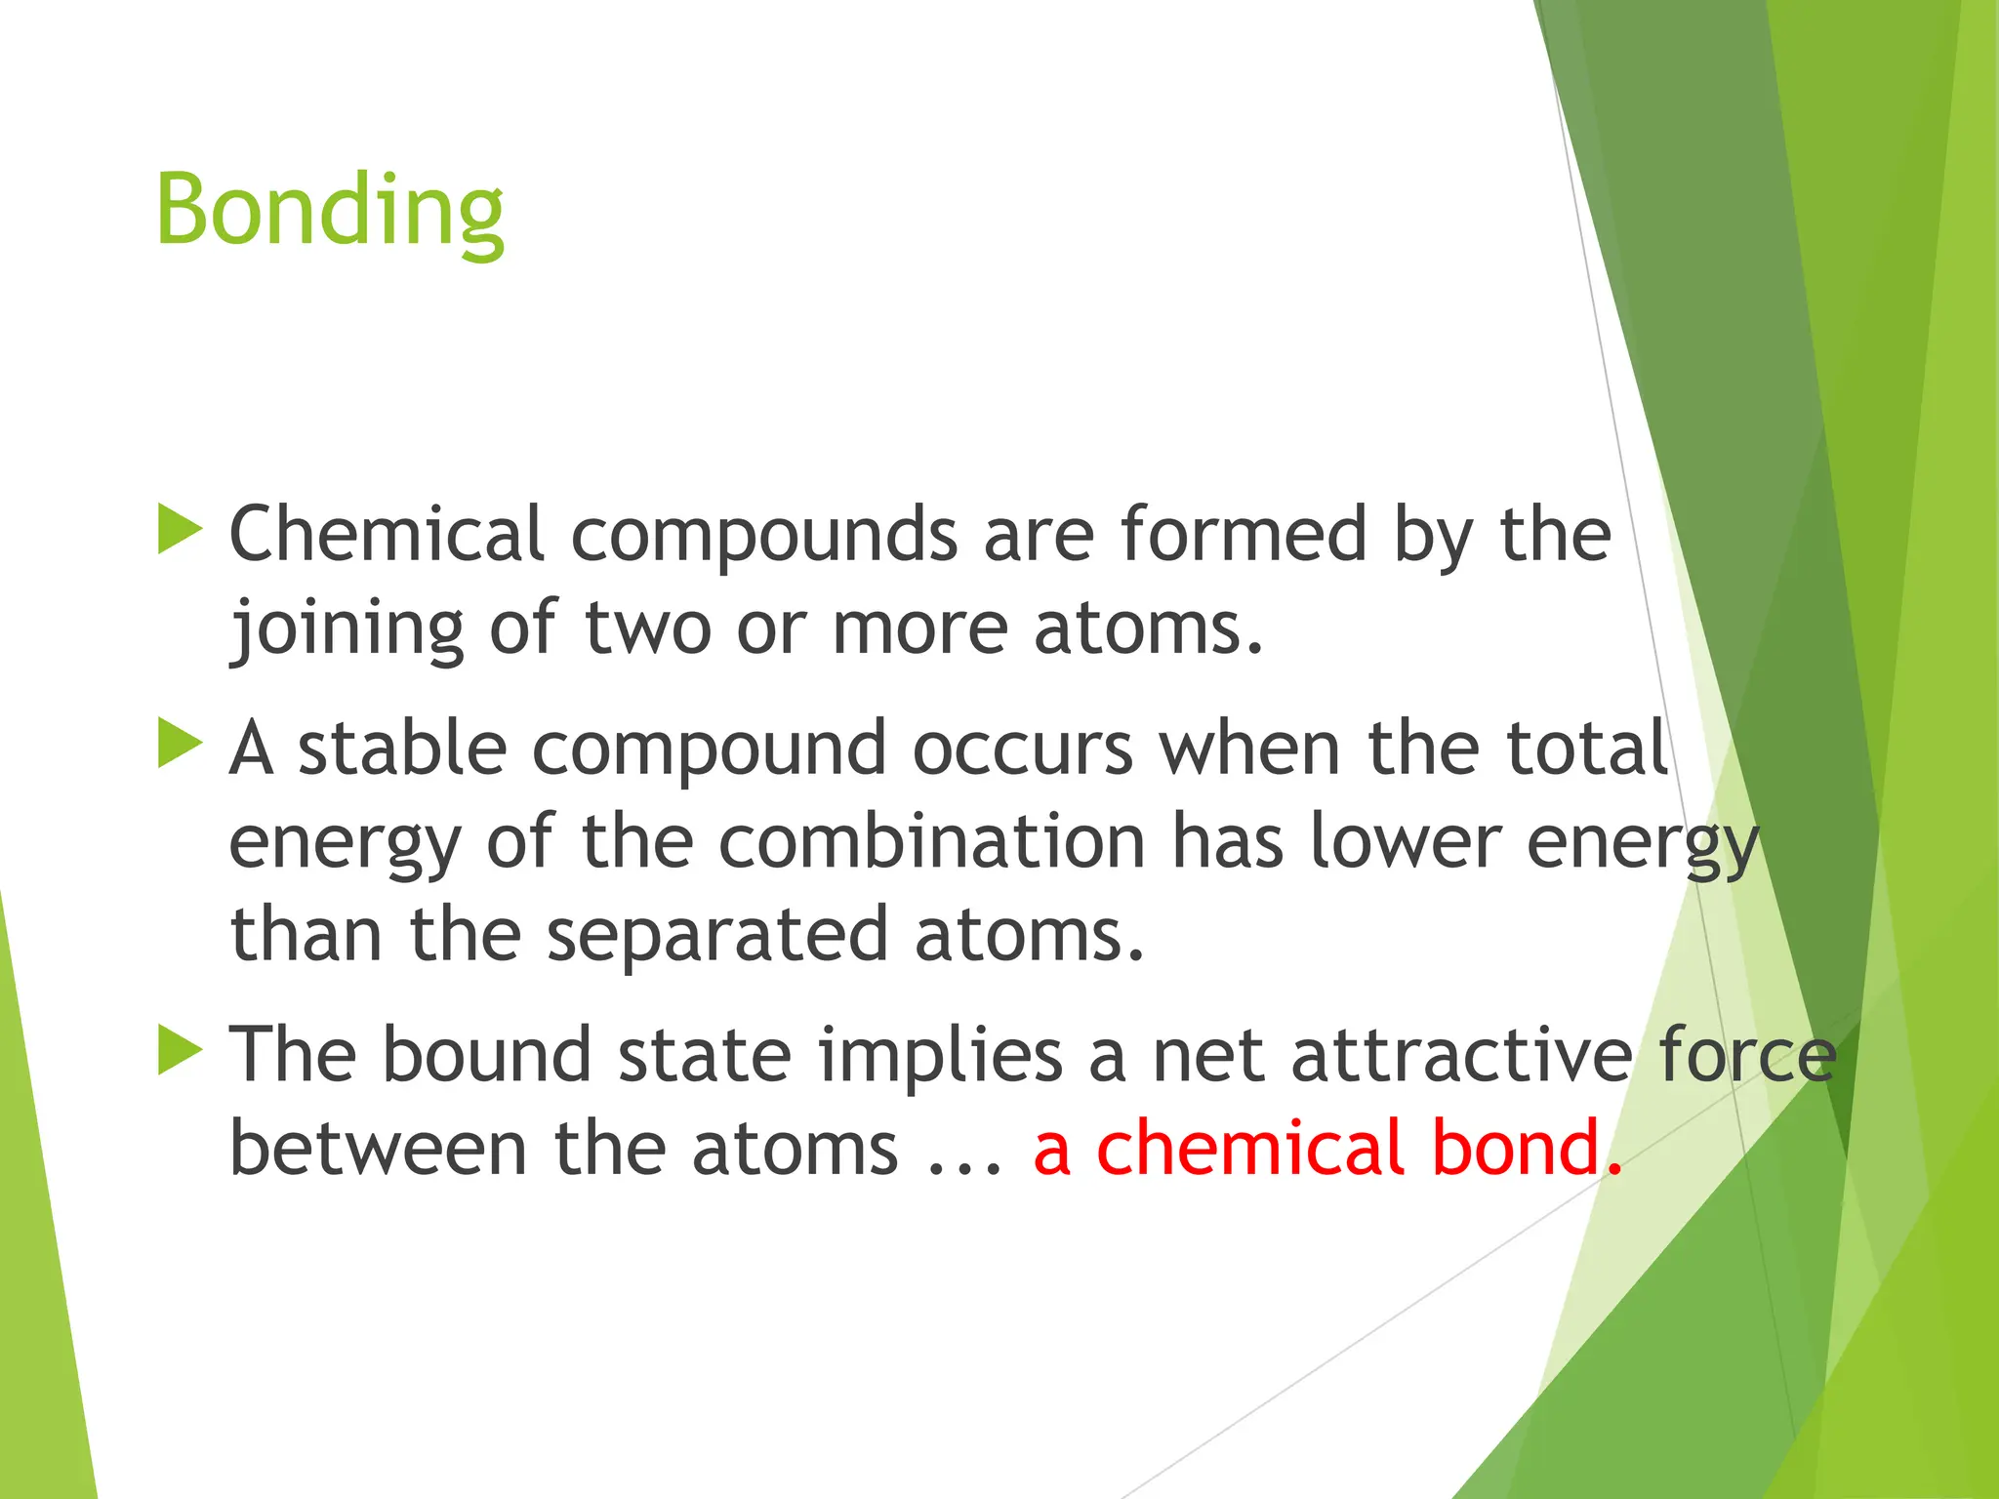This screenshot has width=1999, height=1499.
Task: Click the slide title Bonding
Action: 330,210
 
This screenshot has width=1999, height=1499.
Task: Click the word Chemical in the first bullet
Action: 386,534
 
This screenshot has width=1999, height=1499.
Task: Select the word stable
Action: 402,748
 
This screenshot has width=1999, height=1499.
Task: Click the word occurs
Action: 1023,749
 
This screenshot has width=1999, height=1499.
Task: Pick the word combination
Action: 932,841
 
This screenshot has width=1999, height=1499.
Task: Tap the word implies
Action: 940,1056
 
